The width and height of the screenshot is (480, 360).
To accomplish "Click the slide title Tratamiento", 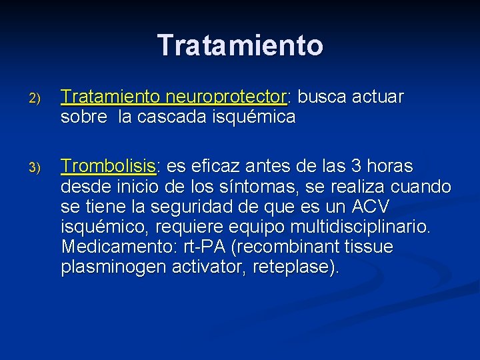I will click(x=240, y=45).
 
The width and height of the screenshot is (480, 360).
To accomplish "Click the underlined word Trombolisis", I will click(x=108, y=166).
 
